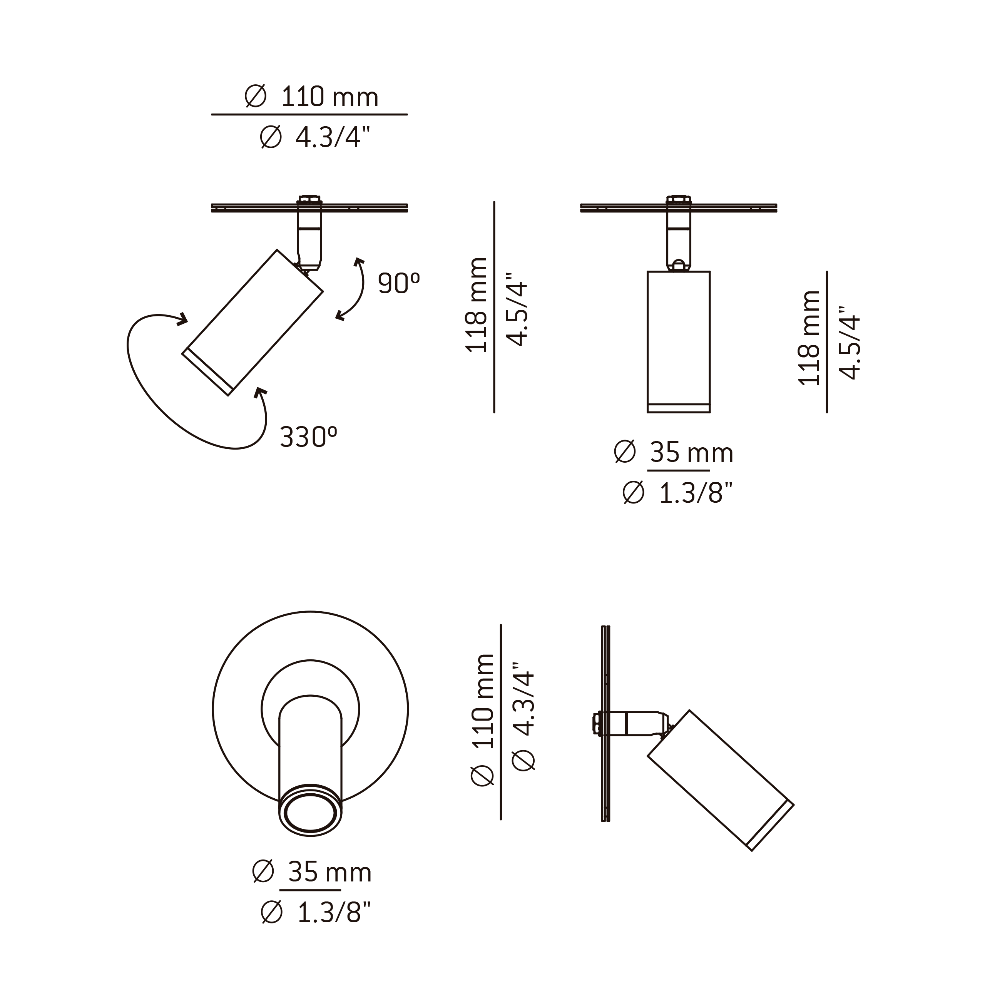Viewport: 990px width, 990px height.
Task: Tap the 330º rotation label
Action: click(x=308, y=437)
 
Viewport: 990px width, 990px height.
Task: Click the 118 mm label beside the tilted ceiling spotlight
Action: click(x=476, y=305)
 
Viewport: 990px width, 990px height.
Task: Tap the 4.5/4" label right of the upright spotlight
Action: click(x=850, y=343)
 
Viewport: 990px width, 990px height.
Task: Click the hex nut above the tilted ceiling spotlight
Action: click(x=309, y=199)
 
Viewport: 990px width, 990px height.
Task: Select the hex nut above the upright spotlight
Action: click(x=679, y=199)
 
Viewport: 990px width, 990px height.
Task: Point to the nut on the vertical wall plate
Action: click(x=597, y=724)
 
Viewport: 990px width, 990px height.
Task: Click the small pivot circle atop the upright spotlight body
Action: click(x=679, y=265)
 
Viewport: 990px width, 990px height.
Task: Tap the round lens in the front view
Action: click(x=311, y=812)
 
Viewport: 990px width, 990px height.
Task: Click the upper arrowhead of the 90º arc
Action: click(x=359, y=263)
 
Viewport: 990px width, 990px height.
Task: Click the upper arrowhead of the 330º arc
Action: click(x=182, y=319)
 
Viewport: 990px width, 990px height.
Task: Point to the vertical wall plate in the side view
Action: click(x=606, y=724)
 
